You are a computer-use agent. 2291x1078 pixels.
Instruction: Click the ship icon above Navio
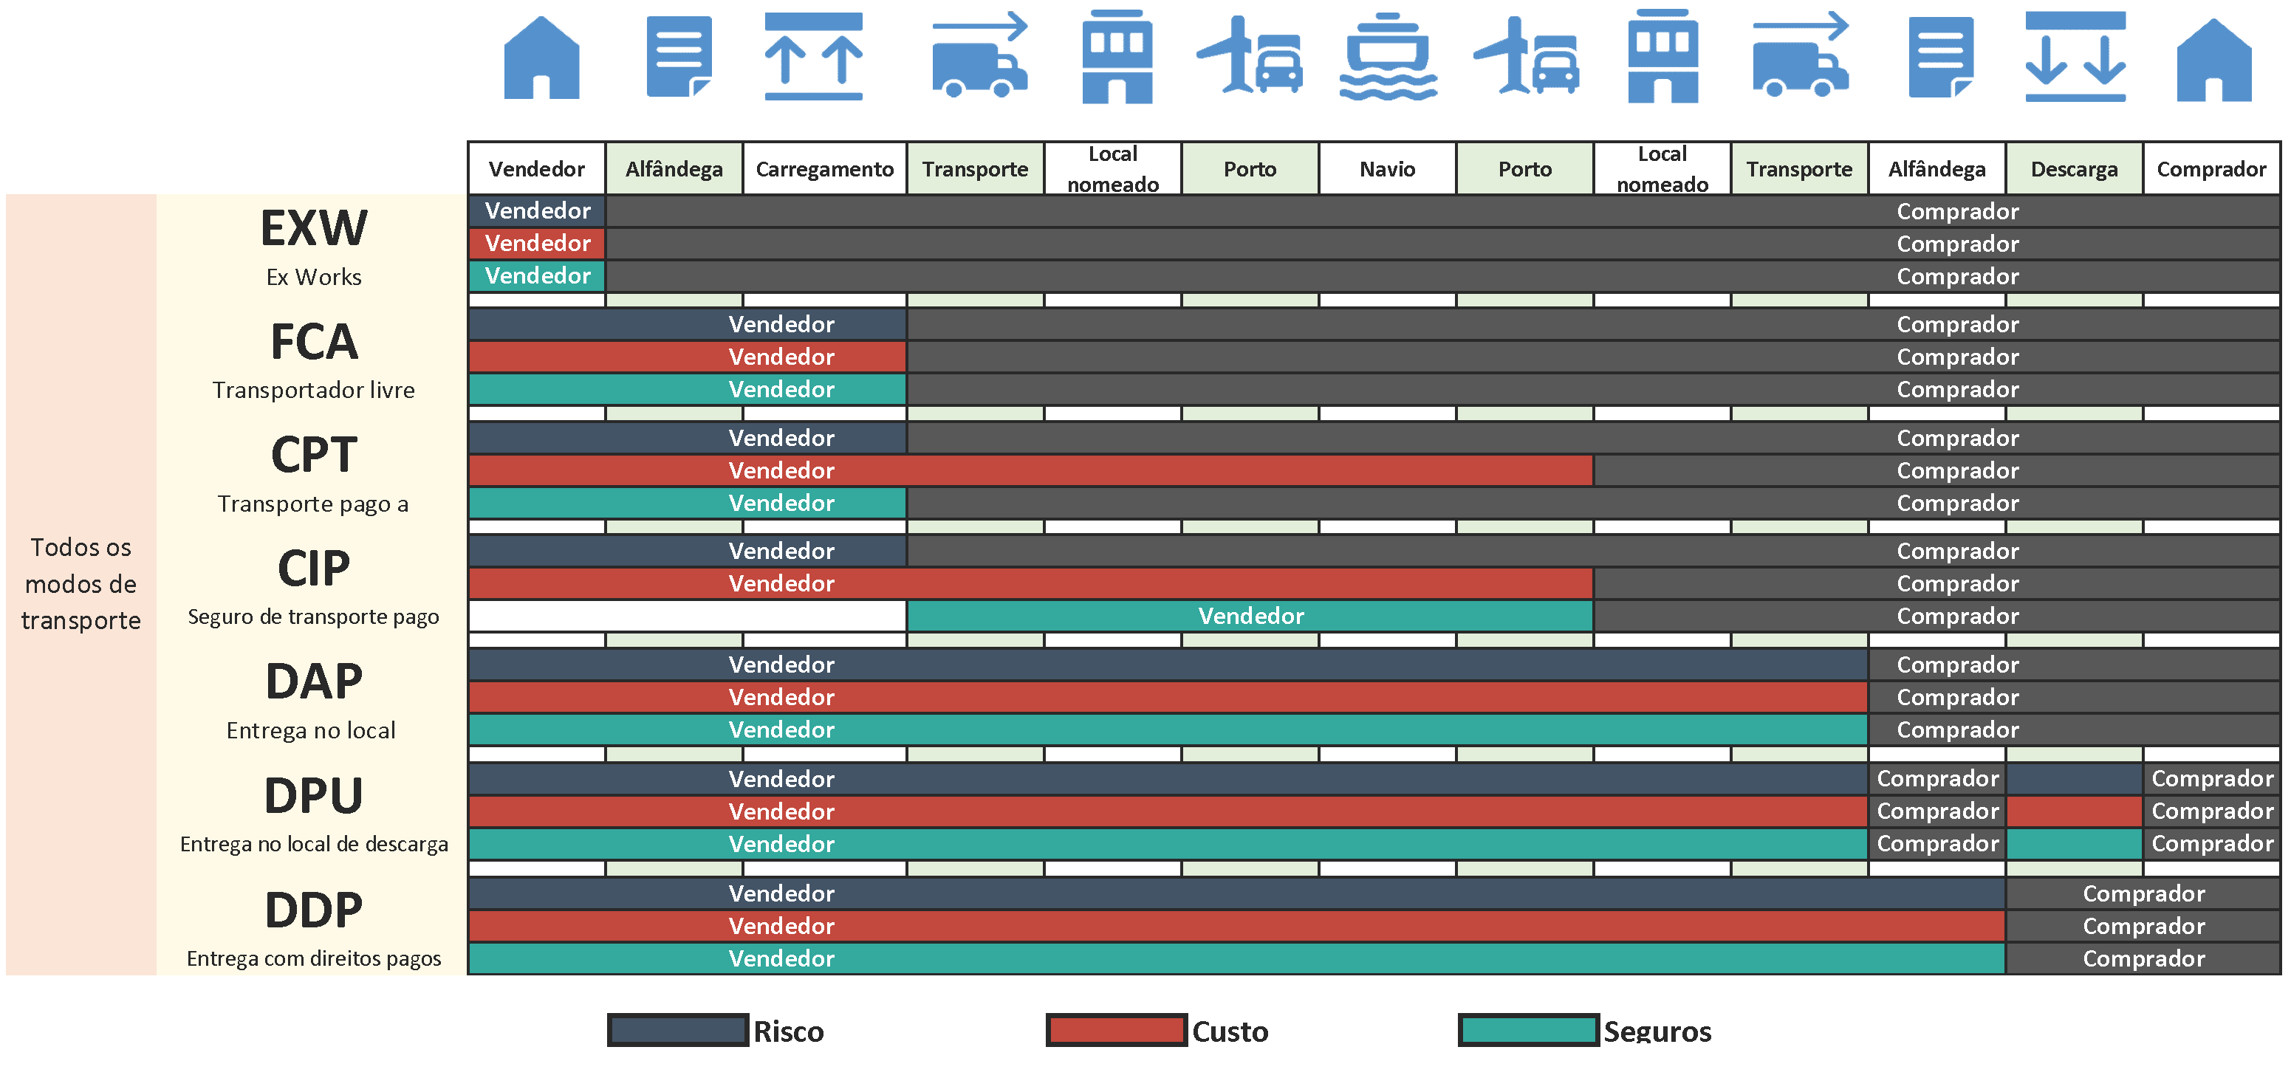pos(1388,57)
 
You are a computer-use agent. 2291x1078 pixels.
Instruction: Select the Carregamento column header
pos(824,169)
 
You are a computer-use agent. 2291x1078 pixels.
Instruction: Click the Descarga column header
pos(2074,169)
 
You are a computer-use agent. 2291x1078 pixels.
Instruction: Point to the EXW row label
pos(314,229)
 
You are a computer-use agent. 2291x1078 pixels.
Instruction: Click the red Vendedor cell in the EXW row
pos(537,244)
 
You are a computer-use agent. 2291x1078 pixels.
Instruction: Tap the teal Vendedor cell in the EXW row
pos(537,275)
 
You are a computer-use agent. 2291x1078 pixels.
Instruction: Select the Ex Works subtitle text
pos(314,278)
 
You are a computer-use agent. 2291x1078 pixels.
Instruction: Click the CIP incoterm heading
pos(314,569)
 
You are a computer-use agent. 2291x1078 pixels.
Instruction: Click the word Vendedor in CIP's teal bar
pos(1250,617)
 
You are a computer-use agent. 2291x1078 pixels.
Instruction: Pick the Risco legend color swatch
pos(678,1030)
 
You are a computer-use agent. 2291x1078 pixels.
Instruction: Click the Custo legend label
pos(1230,1031)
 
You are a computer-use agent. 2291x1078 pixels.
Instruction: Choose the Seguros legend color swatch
pos(1528,1030)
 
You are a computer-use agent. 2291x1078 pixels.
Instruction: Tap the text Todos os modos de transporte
pos(81,584)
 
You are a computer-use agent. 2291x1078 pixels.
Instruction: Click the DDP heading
pos(314,910)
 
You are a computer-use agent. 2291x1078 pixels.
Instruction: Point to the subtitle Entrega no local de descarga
pos(314,844)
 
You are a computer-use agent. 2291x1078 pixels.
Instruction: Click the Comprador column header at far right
pos(2211,169)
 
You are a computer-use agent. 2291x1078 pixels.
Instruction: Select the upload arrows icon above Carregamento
pos(813,57)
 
